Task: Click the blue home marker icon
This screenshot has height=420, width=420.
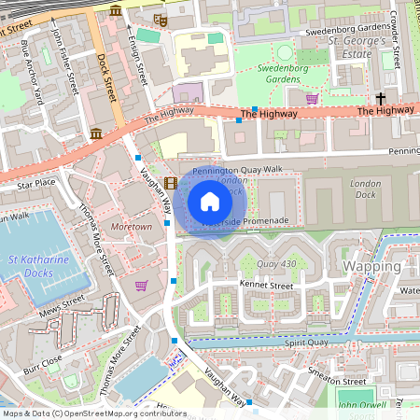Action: [210, 201]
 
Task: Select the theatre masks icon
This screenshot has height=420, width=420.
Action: [160, 18]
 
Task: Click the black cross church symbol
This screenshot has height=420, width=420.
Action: [381, 98]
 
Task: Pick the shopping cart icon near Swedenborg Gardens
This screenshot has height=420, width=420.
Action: [312, 99]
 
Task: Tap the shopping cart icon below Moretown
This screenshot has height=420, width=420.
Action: [141, 286]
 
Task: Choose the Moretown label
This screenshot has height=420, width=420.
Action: [131, 227]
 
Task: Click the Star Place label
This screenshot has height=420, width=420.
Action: [35, 184]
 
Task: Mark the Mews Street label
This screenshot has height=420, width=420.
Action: [60, 304]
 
